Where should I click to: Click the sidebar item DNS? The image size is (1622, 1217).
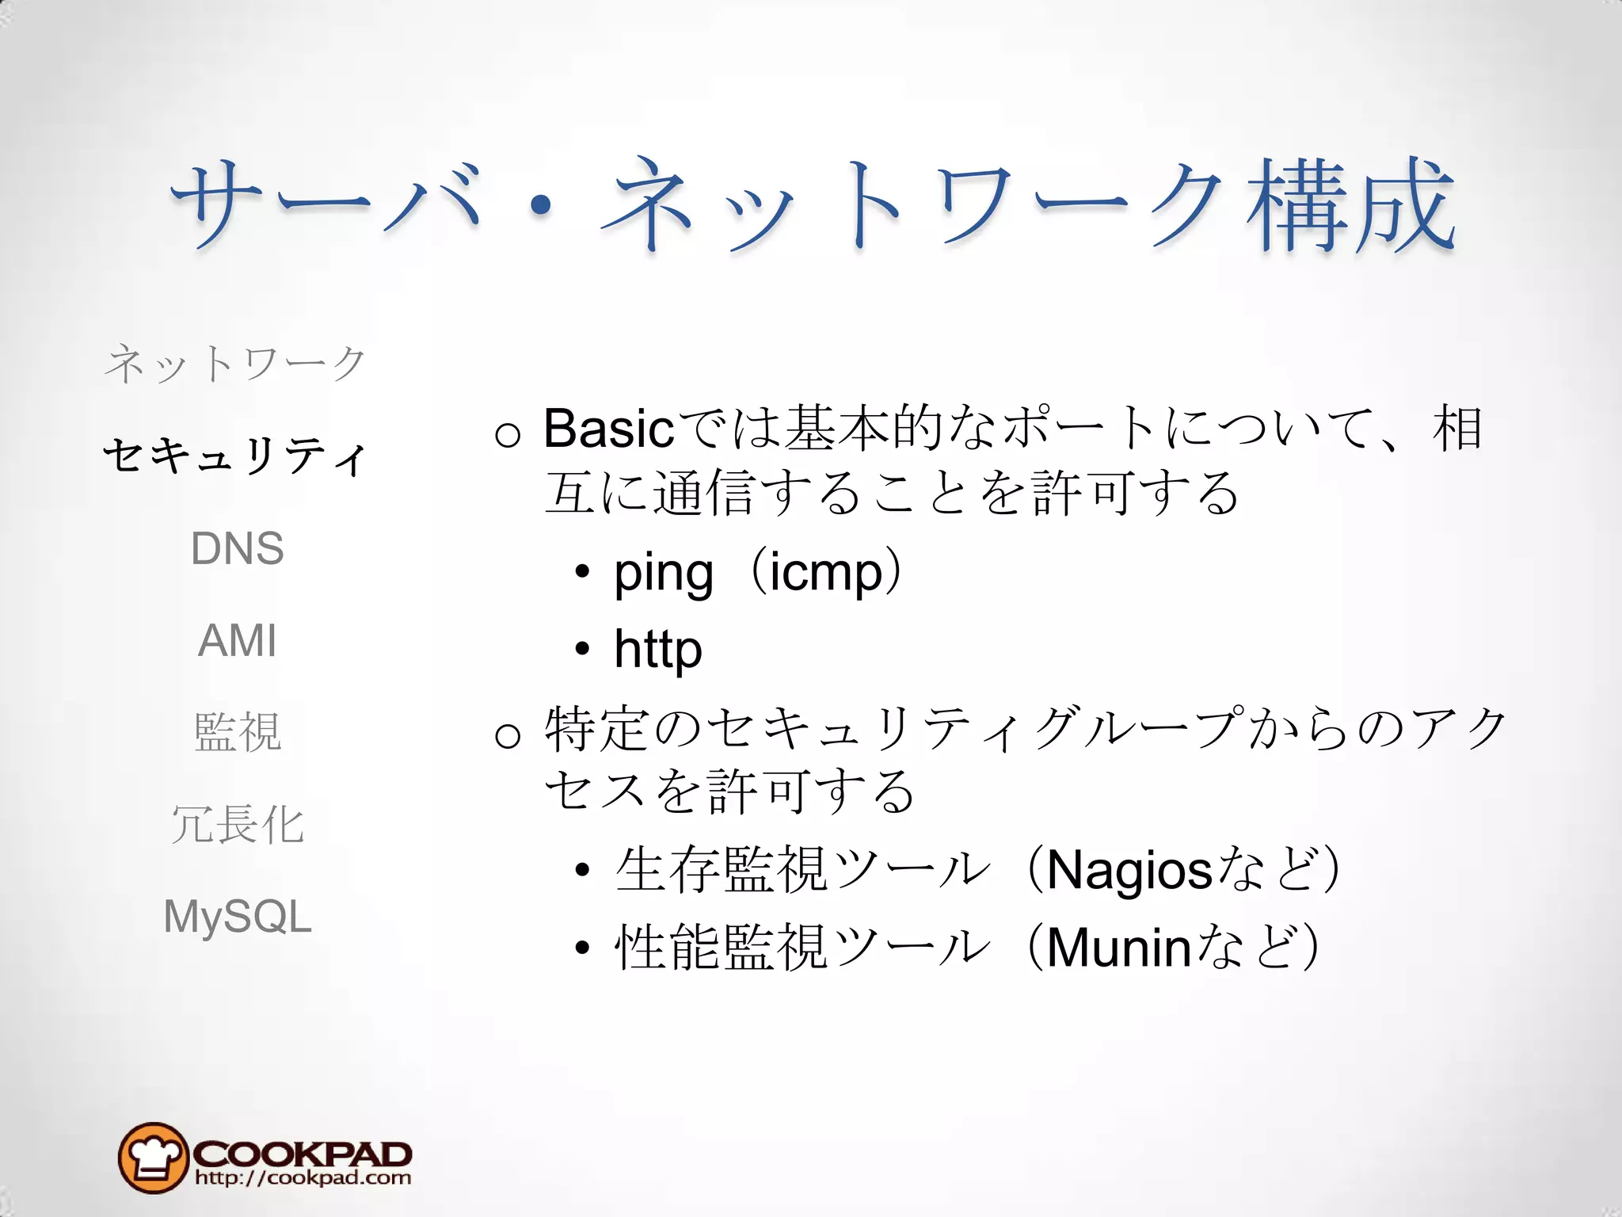(x=237, y=548)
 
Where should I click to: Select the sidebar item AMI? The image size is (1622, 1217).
(x=237, y=640)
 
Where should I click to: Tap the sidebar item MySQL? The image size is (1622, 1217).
(x=237, y=917)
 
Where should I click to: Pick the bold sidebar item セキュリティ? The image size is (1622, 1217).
(x=235, y=456)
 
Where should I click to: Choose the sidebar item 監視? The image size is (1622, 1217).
(x=237, y=731)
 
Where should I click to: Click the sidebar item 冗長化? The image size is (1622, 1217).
(x=237, y=824)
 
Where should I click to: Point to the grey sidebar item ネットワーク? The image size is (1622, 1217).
(x=235, y=364)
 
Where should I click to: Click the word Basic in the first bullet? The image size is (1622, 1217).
(x=608, y=429)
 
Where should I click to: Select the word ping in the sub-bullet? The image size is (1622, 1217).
(x=664, y=573)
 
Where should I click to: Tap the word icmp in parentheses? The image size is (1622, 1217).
(x=825, y=573)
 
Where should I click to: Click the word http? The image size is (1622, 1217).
(x=657, y=650)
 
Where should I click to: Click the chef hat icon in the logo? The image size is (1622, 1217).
(x=153, y=1158)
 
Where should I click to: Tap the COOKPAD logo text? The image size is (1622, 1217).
(x=302, y=1152)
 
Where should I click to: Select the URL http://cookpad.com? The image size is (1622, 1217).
(x=303, y=1178)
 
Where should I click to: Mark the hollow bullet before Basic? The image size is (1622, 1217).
(x=508, y=433)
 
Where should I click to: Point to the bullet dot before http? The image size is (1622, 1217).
(x=583, y=650)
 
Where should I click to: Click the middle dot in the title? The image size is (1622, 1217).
(x=541, y=206)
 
